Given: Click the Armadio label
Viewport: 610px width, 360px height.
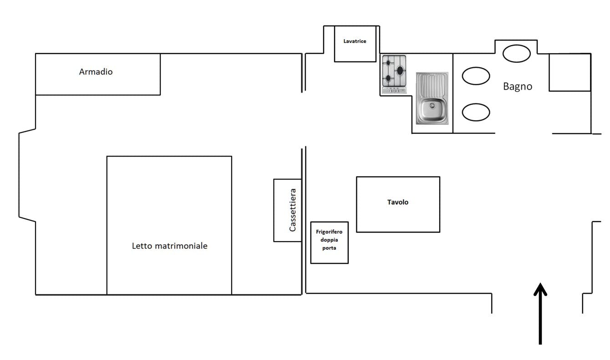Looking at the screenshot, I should (96, 72).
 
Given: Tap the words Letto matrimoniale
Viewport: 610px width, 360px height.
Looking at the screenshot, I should (169, 246).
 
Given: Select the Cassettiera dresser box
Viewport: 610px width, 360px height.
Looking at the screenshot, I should (287, 210).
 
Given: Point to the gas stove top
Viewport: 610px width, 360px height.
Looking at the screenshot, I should (394, 74).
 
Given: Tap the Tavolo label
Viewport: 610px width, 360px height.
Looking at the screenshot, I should (397, 202).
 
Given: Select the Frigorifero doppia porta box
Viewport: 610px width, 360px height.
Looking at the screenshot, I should (329, 242).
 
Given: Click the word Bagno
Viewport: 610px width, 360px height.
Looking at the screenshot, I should (517, 86).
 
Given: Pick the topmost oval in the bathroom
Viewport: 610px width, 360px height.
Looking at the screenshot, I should (516, 53).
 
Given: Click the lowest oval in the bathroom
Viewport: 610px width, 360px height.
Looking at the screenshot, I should (476, 112).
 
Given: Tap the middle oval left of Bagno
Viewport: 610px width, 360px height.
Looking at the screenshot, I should (476, 76).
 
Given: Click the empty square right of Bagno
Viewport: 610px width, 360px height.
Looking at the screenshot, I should (569, 72).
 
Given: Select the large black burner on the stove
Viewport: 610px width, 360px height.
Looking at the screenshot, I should (400, 70).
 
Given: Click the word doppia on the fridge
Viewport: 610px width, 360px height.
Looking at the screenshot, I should (329, 240).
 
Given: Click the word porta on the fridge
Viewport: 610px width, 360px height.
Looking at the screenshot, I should (329, 248).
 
